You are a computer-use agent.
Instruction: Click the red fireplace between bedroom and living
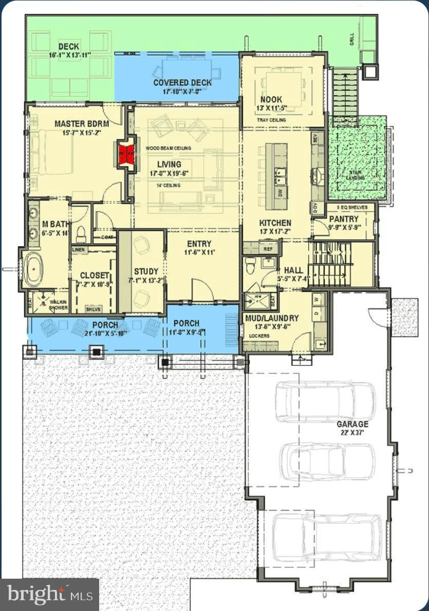click(x=127, y=152)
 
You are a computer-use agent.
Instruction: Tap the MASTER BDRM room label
click(x=78, y=124)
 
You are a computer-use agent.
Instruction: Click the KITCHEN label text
click(x=275, y=223)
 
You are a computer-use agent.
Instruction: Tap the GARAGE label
click(x=352, y=424)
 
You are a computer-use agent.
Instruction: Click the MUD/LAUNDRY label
click(x=272, y=318)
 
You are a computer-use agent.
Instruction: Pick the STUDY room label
click(x=146, y=271)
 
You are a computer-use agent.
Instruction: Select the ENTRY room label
click(x=199, y=244)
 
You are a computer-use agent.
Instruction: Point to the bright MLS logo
click(x=49, y=595)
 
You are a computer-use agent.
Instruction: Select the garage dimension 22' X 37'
click(x=352, y=433)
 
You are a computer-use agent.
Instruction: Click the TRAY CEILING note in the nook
click(x=272, y=120)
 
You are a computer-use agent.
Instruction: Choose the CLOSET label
click(x=94, y=275)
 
